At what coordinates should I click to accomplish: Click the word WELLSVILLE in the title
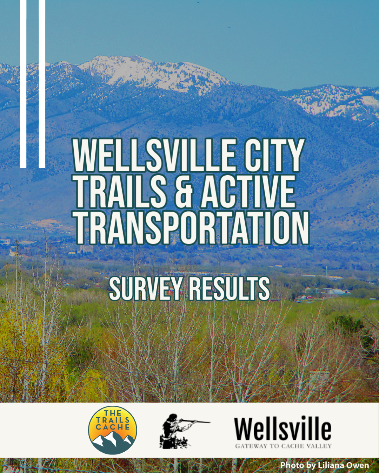point(154,155)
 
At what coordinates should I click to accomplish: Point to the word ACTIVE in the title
point(248,191)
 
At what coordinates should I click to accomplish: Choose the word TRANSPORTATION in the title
point(192,228)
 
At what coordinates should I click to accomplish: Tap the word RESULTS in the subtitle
point(230,288)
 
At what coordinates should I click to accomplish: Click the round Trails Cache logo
point(113,430)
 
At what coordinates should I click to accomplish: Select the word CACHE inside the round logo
point(113,427)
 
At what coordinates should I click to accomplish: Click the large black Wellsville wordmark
point(282,428)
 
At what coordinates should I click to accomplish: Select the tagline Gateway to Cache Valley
point(284,446)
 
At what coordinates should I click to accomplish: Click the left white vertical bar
point(23,84)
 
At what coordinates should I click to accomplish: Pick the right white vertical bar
point(42,84)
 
